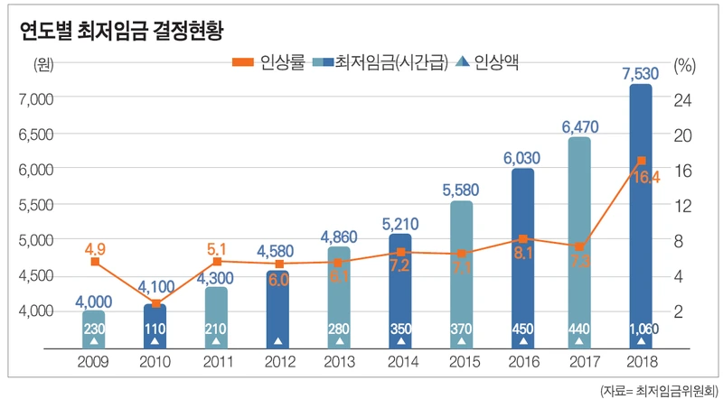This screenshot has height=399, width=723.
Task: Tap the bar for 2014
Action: tap(399, 289)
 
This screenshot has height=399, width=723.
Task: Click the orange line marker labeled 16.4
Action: tap(641, 161)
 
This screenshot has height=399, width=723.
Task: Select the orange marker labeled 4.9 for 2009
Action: tap(95, 262)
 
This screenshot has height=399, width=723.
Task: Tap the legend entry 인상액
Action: tap(493, 62)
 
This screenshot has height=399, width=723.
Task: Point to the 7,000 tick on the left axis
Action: tap(37, 98)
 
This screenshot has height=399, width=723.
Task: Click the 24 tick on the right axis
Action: tap(684, 98)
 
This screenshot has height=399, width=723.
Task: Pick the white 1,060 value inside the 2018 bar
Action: tap(641, 329)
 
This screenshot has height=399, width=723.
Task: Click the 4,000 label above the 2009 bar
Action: tap(95, 301)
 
